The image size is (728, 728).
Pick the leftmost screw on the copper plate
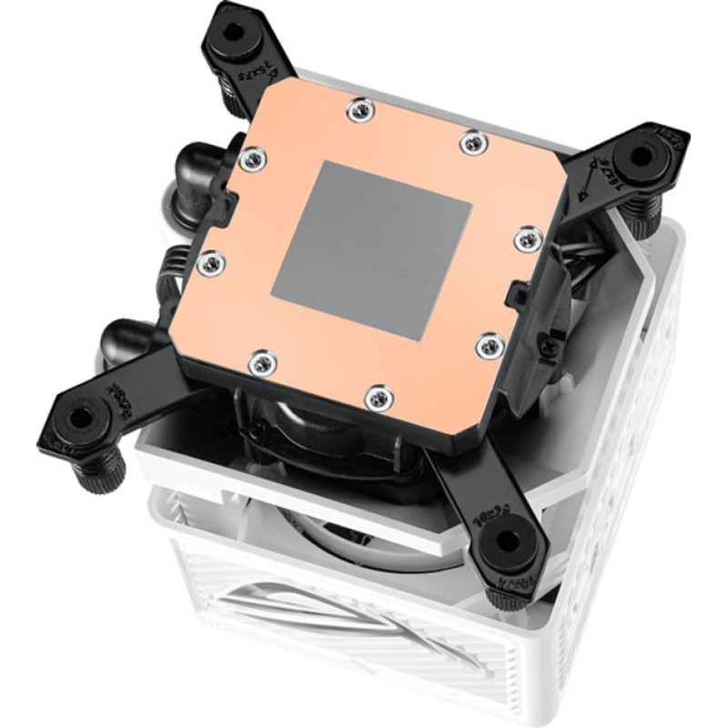(208, 262)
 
